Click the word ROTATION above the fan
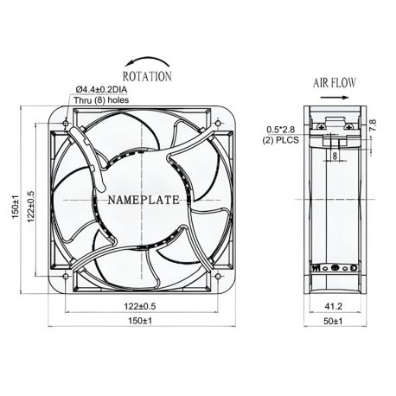(148, 76)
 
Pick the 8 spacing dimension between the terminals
(334, 156)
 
